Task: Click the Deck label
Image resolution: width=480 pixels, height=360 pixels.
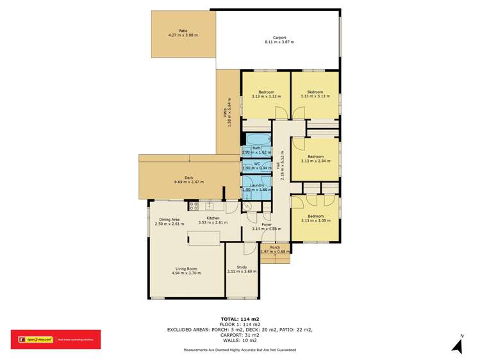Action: coord(188,177)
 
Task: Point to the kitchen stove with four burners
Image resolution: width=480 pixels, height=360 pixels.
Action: coord(194,206)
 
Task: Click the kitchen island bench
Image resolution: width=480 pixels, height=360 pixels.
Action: coord(204,238)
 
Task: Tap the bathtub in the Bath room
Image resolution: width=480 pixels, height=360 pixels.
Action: coord(256,140)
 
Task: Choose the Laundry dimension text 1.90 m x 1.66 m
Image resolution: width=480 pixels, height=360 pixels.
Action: coord(257,190)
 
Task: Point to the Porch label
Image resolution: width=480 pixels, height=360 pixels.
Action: coord(275,247)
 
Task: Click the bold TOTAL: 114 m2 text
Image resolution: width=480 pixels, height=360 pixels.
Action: coord(240,318)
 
